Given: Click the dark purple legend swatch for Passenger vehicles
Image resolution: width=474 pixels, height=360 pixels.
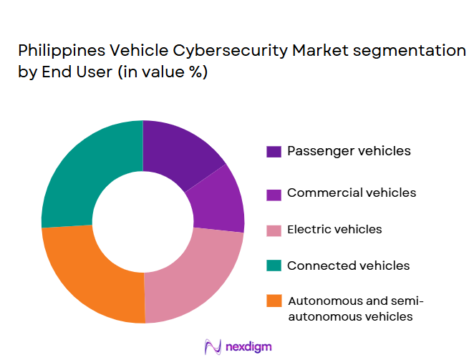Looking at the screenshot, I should click(x=274, y=152).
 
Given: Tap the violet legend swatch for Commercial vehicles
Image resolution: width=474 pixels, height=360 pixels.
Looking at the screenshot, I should click(x=274, y=193).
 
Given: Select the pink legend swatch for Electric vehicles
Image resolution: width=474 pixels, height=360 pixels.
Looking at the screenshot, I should click(x=274, y=230).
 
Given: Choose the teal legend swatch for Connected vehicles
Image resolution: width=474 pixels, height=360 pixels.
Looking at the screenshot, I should click(x=274, y=266).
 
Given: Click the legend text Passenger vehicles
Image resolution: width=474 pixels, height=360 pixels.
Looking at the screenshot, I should click(x=349, y=151).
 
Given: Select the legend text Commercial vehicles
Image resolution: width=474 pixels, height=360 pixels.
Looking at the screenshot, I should click(x=352, y=193).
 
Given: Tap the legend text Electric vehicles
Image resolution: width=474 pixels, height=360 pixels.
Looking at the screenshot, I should click(x=334, y=230).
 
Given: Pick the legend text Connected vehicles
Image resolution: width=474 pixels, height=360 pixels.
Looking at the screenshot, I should click(x=348, y=266).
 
